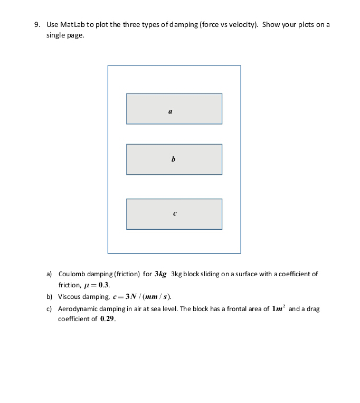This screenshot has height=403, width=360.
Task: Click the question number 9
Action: point(36,25)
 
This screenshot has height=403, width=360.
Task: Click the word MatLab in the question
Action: point(70,25)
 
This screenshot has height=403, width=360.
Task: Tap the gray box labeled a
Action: point(174,109)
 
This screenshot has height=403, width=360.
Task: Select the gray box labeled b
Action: point(174,160)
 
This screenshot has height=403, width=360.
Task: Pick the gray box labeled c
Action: point(174,214)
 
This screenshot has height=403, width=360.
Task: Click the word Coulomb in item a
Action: point(71,274)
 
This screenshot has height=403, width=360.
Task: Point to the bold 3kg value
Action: point(160,274)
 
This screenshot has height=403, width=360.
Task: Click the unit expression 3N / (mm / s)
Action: point(147,296)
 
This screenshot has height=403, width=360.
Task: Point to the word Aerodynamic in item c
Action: point(77,308)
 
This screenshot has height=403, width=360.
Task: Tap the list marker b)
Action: point(49,296)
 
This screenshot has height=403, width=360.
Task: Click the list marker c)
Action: point(49,308)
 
